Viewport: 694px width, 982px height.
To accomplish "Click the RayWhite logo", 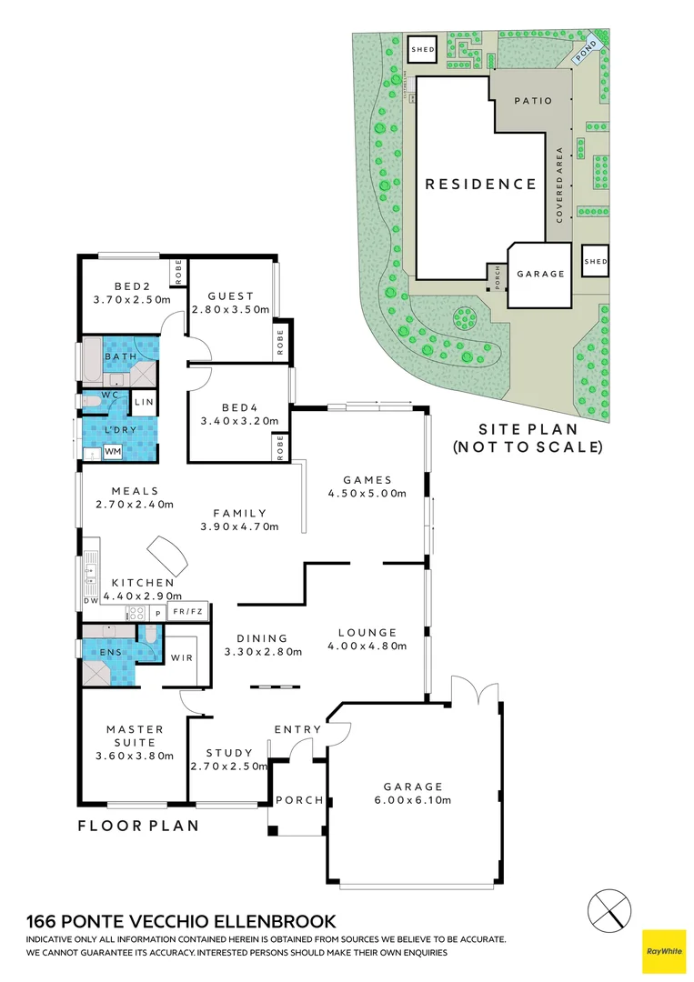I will [x=664, y=951].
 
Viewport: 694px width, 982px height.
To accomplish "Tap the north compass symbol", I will [x=608, y=909].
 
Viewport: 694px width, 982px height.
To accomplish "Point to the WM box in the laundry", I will [x=113, y=451].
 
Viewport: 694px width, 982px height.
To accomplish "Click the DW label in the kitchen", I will [x=90, y=601].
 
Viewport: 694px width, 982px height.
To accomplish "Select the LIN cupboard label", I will [x=144, y=401].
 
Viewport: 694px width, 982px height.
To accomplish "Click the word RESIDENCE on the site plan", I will [x=481, y=185].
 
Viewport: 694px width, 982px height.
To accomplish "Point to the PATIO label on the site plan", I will [x=532, y=101].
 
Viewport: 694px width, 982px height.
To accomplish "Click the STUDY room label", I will [x=228, y=753].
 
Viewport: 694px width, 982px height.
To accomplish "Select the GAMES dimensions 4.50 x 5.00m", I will [x=367, y=494].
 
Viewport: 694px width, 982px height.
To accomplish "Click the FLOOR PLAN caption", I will [x=136, y=827].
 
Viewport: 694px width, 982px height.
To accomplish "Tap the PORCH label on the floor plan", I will [x=298, y=800].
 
